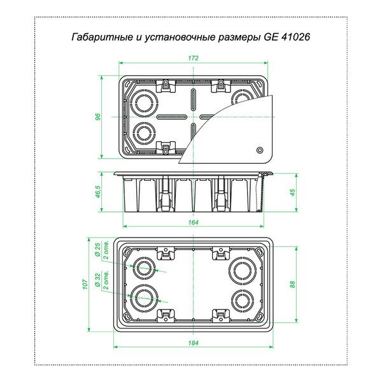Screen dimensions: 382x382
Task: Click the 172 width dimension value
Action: pyautogui.click(x=193, y=58)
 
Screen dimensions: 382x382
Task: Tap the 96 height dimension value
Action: pyautogui.click(x=98, y=117)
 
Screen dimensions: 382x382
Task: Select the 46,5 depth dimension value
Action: pyautogui.click(x=98, y=192)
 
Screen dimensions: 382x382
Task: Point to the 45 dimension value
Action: pyautogui.click(x=293, y=192)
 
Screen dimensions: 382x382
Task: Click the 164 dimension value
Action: pyautogui.click(x=193, y=222)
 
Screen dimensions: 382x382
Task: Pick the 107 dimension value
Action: pyautogui.click(x=85, y=284)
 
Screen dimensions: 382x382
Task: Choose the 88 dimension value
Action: pyautogui.click(x=293, y=284)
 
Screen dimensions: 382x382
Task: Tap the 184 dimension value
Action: pyautogui.click(x=193, y=343)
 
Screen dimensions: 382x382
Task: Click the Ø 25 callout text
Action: pyautogui.click(x=97, y=250)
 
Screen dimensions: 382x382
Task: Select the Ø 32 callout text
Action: pyautogui.click(x=97, y=279)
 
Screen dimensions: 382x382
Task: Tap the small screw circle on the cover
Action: pyautogui.click(x=260, y=150)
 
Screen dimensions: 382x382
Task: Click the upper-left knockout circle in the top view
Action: pyautogui.click(x=144, y=102)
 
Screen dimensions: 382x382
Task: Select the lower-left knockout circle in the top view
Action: pyautogui.click(x=145, y=134)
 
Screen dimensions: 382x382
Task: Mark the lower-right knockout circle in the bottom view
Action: pyautogui.click(x=243, y=300)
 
